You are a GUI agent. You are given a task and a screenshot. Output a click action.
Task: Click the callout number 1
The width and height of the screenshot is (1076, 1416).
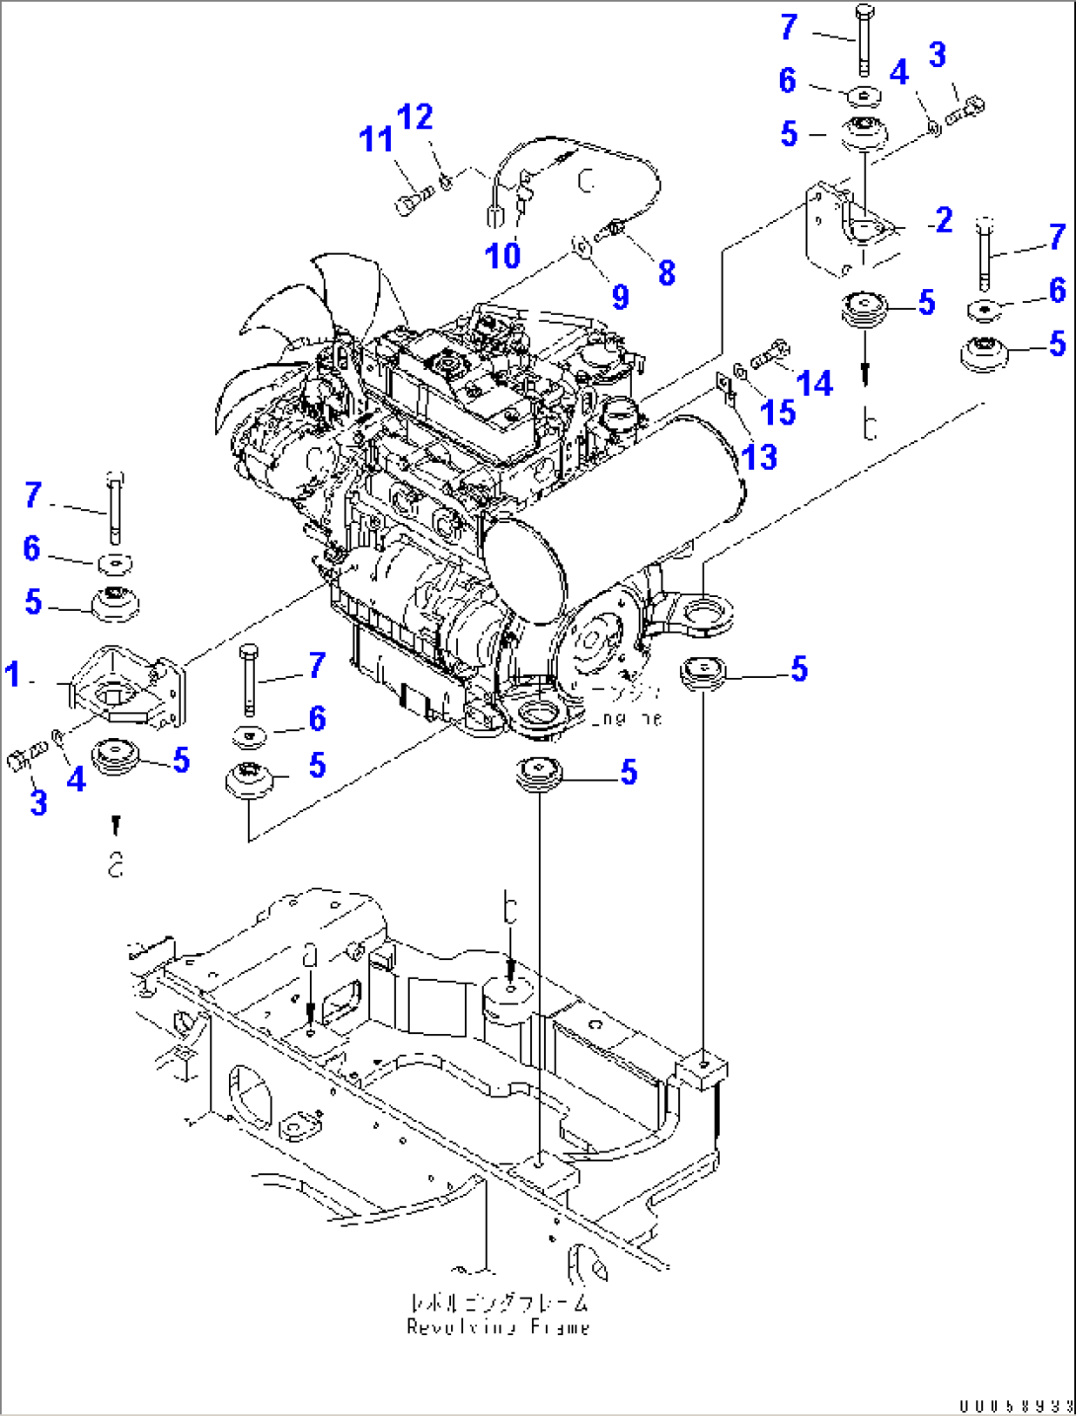point(13,675)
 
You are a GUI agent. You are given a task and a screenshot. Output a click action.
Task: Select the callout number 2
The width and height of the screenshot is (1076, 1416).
point(944,220)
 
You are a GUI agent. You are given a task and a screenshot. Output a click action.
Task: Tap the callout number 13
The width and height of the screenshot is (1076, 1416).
point(759,457)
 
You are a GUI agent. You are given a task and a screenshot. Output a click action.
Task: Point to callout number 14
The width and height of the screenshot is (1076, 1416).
point(814,383)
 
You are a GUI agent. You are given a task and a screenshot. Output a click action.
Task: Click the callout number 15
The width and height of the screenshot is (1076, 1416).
point(777,412)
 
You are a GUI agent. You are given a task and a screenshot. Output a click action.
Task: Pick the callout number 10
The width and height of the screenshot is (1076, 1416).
point(502,256)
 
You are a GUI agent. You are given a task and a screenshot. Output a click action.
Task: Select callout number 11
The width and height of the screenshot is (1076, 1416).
point(376,140)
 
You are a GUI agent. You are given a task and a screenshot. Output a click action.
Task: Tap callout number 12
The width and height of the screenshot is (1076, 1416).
point(416,117)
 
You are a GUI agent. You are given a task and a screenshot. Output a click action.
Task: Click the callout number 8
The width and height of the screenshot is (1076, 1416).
point(666,273)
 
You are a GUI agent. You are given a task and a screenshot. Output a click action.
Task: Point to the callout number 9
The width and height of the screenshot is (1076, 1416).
point(620,296)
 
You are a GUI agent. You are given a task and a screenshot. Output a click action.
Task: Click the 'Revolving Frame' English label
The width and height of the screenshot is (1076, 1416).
point(499,1327)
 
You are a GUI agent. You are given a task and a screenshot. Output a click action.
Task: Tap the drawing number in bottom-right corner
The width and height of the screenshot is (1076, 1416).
point(1015,1405)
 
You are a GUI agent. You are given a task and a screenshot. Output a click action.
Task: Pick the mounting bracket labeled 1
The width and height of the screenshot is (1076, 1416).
point(123,686)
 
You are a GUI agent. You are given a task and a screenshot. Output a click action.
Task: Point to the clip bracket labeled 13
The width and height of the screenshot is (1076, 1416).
point(729,388)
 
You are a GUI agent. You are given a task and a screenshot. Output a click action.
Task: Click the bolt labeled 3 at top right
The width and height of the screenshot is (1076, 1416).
point(965,111)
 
